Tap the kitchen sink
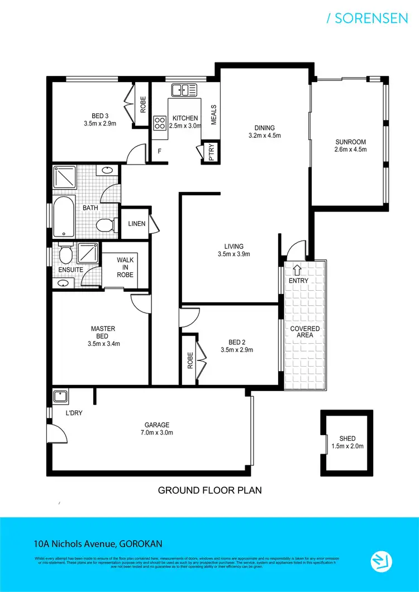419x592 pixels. tap(184, 90)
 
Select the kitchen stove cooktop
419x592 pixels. tap(160, 122)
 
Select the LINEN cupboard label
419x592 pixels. tap(136, 224)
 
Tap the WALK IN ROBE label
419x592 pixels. tap(125, 267)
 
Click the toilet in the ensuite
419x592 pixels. tap(65, 256)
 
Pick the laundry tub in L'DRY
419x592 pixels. tap(60, 397)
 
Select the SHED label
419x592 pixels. tap(347, 439)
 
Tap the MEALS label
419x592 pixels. tap(213, 115)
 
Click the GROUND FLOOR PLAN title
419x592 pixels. tap(209, 491)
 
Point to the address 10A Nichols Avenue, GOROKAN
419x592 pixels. tap(98, 543)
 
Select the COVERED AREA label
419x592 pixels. tap(304, 332)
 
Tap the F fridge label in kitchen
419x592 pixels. tap(159, 151)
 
